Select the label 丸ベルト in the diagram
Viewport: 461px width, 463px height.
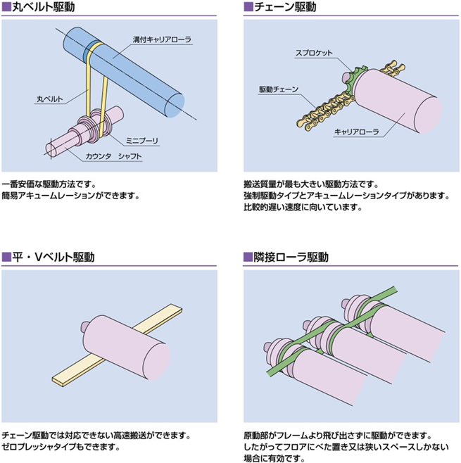tap(49, 99)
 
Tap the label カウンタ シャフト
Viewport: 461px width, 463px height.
tap(113, 155)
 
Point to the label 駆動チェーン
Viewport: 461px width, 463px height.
tap(279, 89)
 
